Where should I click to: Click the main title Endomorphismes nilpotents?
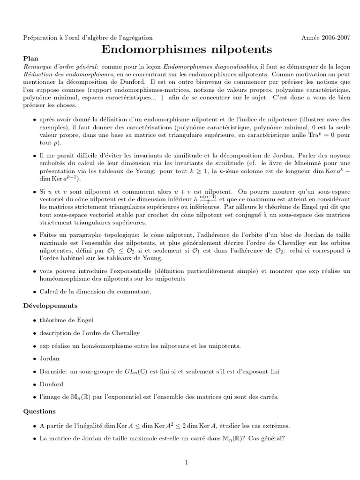point(187,49)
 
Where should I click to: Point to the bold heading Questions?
point(39,412)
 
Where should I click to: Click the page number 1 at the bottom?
point(186,463)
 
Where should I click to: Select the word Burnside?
point(53,372)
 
